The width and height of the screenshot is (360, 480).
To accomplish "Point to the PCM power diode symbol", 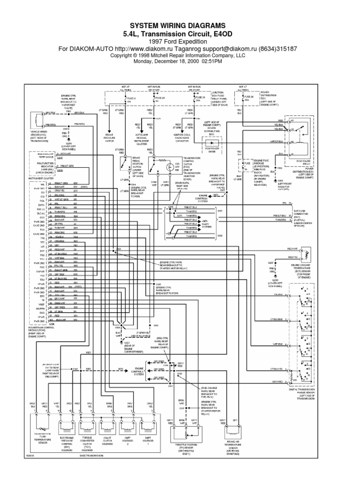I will [209, 141].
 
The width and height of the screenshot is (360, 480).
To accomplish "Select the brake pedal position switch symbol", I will [124, 164].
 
